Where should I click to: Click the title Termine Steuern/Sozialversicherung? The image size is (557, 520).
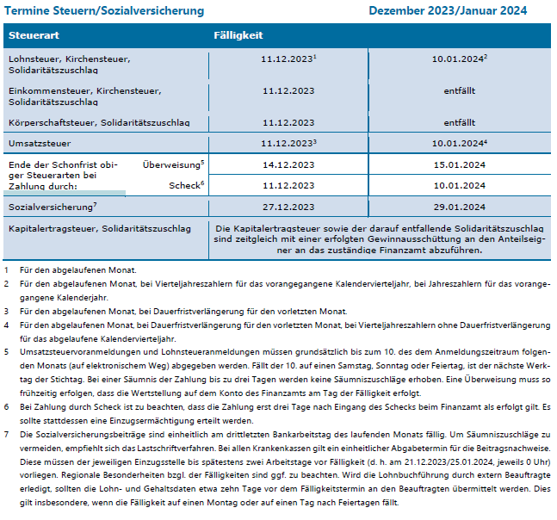click(104, 11)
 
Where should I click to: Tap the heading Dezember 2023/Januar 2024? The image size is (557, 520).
click(448, 11)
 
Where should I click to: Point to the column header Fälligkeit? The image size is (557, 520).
click(238, 36)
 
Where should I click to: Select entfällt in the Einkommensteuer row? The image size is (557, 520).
click(460, 90)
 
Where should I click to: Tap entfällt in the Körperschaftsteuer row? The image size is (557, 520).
click(460, 122)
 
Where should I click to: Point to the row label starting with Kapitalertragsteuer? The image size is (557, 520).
click(99, 230)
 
